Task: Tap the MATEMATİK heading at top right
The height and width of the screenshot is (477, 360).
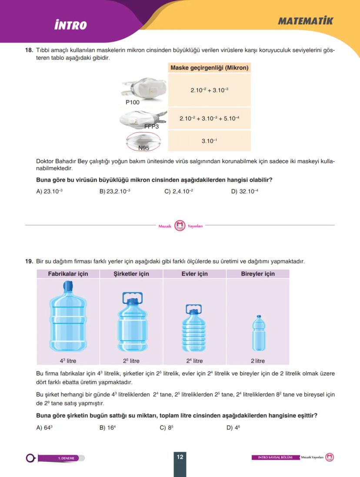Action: pyautogui.click(x=305, y=21)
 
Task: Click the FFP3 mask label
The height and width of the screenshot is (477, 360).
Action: pyautogui.click(x=151, y=127)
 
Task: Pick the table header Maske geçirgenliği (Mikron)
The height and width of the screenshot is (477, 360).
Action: pyautogui.click(x=209, y=68)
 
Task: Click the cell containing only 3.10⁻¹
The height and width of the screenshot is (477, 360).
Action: pyautogui.click(x=209, y=141)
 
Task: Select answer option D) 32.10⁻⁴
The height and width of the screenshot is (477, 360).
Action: pyautogui.click(x=244, y=191)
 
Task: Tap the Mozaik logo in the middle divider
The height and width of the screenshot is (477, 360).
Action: pyautogui.click(x=180, y=225)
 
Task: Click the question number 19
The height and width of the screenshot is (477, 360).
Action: pyautogui.click(x=29, y=261)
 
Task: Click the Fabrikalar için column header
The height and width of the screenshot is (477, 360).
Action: pyautogui.click(x=68, y=274)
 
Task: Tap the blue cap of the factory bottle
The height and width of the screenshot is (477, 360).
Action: pyautogui.click(x=68, y=286)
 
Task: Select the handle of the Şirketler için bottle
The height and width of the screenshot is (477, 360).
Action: pyautogui.click(x=131, y=297)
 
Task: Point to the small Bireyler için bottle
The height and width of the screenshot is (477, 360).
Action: pyautogui.click(x=258, y=333)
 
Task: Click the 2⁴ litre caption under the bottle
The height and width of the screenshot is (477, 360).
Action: pyautogui.click(x=194, y=361)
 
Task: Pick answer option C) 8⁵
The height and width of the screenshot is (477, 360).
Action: pyautogui.click(x=166, y=427)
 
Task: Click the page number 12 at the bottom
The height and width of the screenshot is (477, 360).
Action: pyautogui.click(x=180, y=457)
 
